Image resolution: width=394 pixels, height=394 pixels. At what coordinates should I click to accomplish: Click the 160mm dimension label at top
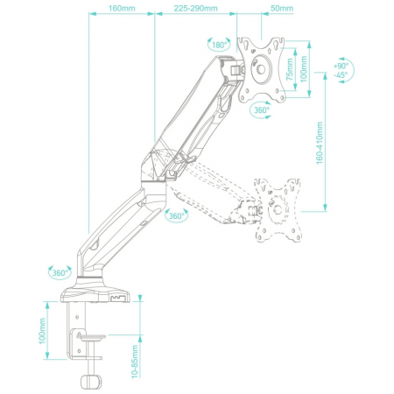122,8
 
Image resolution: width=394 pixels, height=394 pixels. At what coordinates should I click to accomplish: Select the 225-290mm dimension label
195,8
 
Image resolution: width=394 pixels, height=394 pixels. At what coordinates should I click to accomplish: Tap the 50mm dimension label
282,8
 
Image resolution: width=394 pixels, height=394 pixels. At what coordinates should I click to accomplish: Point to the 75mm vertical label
289,69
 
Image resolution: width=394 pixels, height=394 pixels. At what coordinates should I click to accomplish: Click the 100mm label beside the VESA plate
304,69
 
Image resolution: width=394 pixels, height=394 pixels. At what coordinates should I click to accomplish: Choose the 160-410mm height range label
320,143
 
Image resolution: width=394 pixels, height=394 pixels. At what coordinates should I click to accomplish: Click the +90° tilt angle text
341,66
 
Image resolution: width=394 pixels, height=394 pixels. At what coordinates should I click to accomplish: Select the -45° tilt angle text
341,74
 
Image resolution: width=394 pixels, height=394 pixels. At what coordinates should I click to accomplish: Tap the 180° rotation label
219,46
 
